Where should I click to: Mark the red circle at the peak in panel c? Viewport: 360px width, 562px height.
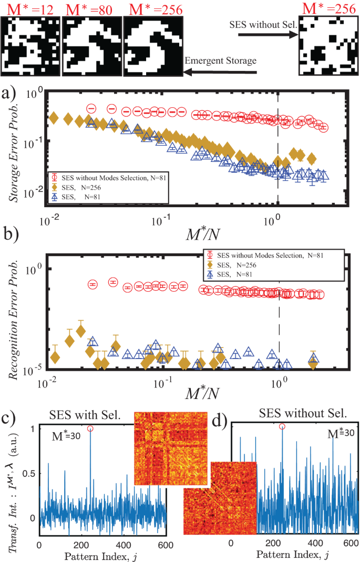tap(90, 428)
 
